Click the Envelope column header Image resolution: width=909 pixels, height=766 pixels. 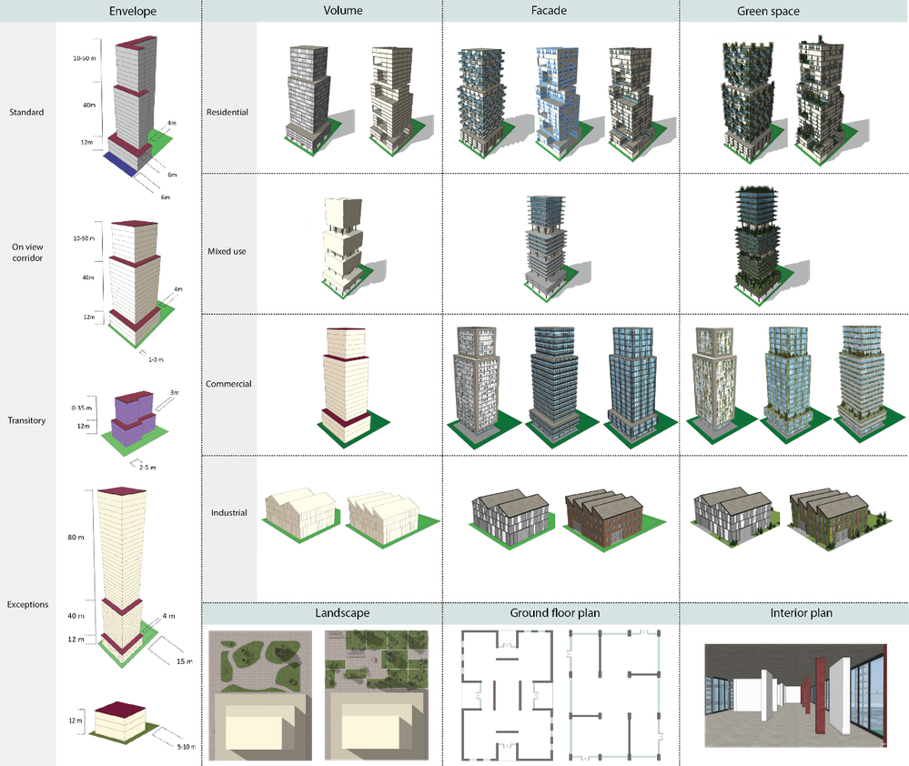click(x=133, y=11)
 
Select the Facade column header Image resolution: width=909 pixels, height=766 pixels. click(x=549, y=10)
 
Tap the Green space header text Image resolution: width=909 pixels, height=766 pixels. click(x=768, y=11)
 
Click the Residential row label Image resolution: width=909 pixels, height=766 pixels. click(x=227, y=112)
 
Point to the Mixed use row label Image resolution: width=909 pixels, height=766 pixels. click(x=227, y=251)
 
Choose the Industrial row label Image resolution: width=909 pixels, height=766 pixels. click(x=229, y=512)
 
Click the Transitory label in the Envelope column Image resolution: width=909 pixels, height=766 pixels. click(x=26, y=420)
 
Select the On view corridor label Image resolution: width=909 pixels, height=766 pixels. click(x=27, y=252)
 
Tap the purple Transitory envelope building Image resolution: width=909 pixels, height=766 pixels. click(x=134, y=418)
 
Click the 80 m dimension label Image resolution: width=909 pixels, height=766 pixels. click(x=76, y=537)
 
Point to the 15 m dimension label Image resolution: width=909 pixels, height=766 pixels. click(x=185, y=661)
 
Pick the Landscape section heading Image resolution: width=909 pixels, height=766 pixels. click(x=342, y=613)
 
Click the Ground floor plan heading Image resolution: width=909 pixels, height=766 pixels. click(x=555, y=613)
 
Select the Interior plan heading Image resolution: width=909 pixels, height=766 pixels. click(x=801, y=613)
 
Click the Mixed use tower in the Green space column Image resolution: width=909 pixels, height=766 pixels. click(x=758, y=244)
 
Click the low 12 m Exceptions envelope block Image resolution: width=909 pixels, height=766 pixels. click(x=120, y=721)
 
